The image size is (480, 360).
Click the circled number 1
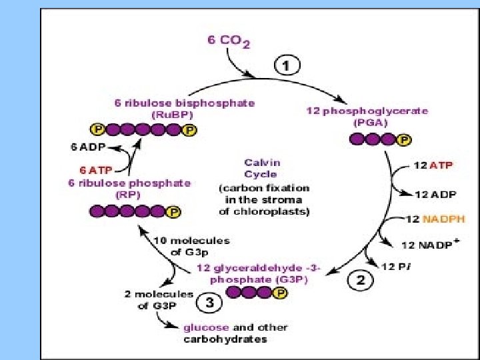pos(288,66)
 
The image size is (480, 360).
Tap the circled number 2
pos(359,280)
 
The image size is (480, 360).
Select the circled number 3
pos(209,303)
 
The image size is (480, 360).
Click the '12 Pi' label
pos(396,267)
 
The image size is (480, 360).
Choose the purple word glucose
pos(206,327)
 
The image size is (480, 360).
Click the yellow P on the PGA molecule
pos(403,140)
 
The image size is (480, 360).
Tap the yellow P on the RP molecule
pos(174,212)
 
